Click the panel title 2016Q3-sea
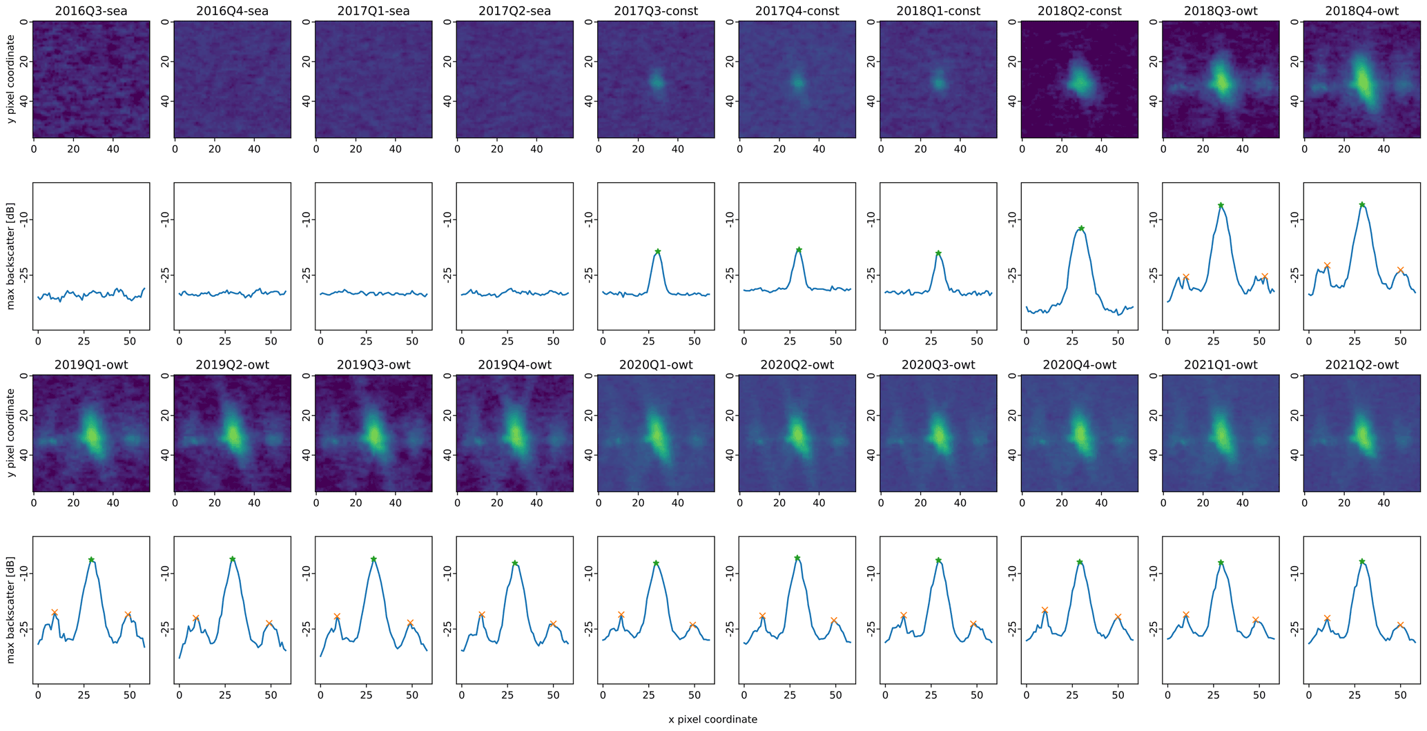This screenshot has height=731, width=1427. coord(91,11)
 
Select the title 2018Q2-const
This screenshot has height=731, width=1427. coord(1079,11)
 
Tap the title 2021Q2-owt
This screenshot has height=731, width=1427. coord(1361,364)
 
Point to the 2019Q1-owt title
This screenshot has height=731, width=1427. coord(91,364)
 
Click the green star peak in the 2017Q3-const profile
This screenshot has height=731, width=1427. coord(658,252)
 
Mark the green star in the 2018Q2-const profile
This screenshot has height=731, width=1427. coord(1081,228)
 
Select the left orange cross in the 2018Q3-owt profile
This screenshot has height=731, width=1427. coord(1185,277)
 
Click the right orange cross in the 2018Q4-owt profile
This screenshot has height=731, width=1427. coord(1400,270)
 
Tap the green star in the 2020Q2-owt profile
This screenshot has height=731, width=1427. coord(797,558)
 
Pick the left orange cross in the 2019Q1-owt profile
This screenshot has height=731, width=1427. coord(55,613)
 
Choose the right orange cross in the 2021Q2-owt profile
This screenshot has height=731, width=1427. coord(1400,625)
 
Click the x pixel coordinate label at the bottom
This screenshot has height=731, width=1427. coord(712,719)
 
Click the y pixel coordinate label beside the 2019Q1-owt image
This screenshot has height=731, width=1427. coord(11,433)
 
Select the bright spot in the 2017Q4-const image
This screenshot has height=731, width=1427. coord(797,83)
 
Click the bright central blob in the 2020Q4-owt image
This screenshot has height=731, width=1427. coord(1080,435)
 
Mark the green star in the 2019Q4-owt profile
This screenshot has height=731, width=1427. coord(515,563)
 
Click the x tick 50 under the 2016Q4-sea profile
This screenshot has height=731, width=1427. coord(270,341)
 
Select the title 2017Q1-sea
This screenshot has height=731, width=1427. coord(373,11)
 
